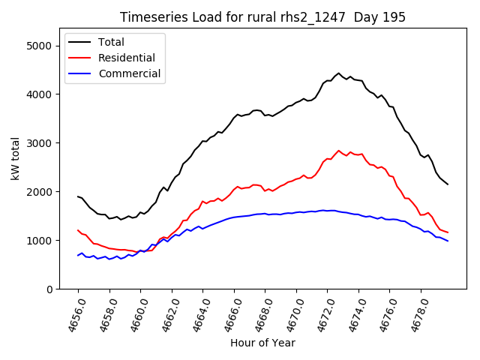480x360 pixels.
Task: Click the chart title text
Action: click(262, 17)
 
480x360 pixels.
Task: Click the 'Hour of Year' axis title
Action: click(262, 343)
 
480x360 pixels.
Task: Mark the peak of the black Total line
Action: click(338, 73)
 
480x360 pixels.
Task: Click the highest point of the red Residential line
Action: click(338, 151)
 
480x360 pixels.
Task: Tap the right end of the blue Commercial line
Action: click(448, 241)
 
